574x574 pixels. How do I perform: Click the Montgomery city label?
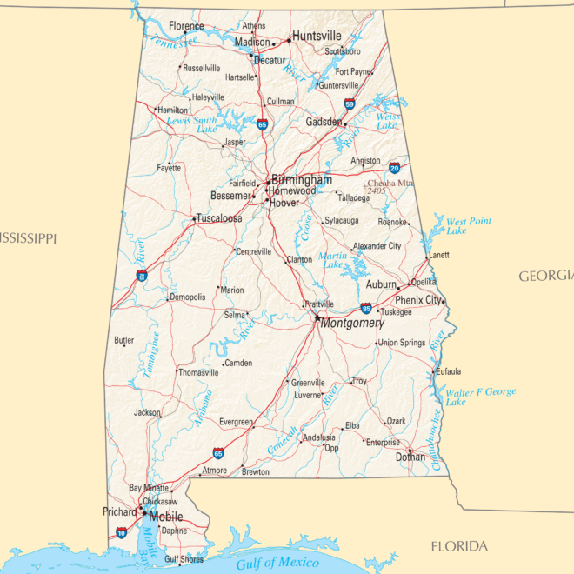click(x=352, y=324)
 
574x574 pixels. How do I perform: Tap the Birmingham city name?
click(x=302, y=179)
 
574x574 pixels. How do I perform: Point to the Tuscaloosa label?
click(x=219, y=218)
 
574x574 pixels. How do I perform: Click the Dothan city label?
click(x=410, y=457)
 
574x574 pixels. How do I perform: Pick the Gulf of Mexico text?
click(x=277, y=564)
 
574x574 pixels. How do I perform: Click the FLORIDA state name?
click(x=459, y=546)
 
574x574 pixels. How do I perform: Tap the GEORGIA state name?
click(x=546, y=276)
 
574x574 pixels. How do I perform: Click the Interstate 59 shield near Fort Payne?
click(x=350, y=104)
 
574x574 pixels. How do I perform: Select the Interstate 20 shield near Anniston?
click(x=395, y=168)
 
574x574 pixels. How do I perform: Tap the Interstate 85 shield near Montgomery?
click(x=366, y=308)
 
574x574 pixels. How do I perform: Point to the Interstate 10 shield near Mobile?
click(x=121, y=532)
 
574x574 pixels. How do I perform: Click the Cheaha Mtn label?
click(x=391, y=184)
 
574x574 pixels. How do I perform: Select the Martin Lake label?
click(x=332, y=259)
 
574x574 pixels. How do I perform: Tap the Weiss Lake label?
click(x=389, y=121)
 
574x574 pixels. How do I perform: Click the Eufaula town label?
click(x=448, y=371)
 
